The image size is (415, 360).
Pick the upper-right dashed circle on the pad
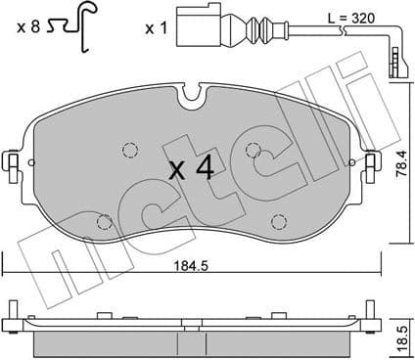(x=254, y=150)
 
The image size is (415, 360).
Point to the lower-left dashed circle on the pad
(x=103, y=222)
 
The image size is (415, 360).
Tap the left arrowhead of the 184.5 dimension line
(x=8, y=271)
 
